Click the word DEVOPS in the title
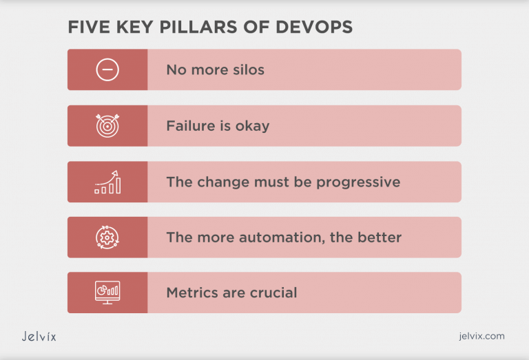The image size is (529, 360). pos(314,27)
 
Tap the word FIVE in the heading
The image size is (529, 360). pos(89,27)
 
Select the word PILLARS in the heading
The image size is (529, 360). pos(198,27)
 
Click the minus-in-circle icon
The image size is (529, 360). pos(107,70)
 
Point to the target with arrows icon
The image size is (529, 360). pos(107,126)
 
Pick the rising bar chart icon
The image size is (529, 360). pos(107,182)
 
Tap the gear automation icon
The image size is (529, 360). pos(107,237)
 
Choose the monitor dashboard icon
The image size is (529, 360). pos(107,293)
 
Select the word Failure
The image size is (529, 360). pos(191,126)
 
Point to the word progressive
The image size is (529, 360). pos(358,182)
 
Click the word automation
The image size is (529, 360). pos(282,237)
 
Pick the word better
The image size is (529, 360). pos(380,237)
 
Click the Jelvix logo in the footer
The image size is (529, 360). pos(39,336)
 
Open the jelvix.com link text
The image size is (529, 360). pos(481,336)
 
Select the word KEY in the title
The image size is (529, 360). pos(135,27)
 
